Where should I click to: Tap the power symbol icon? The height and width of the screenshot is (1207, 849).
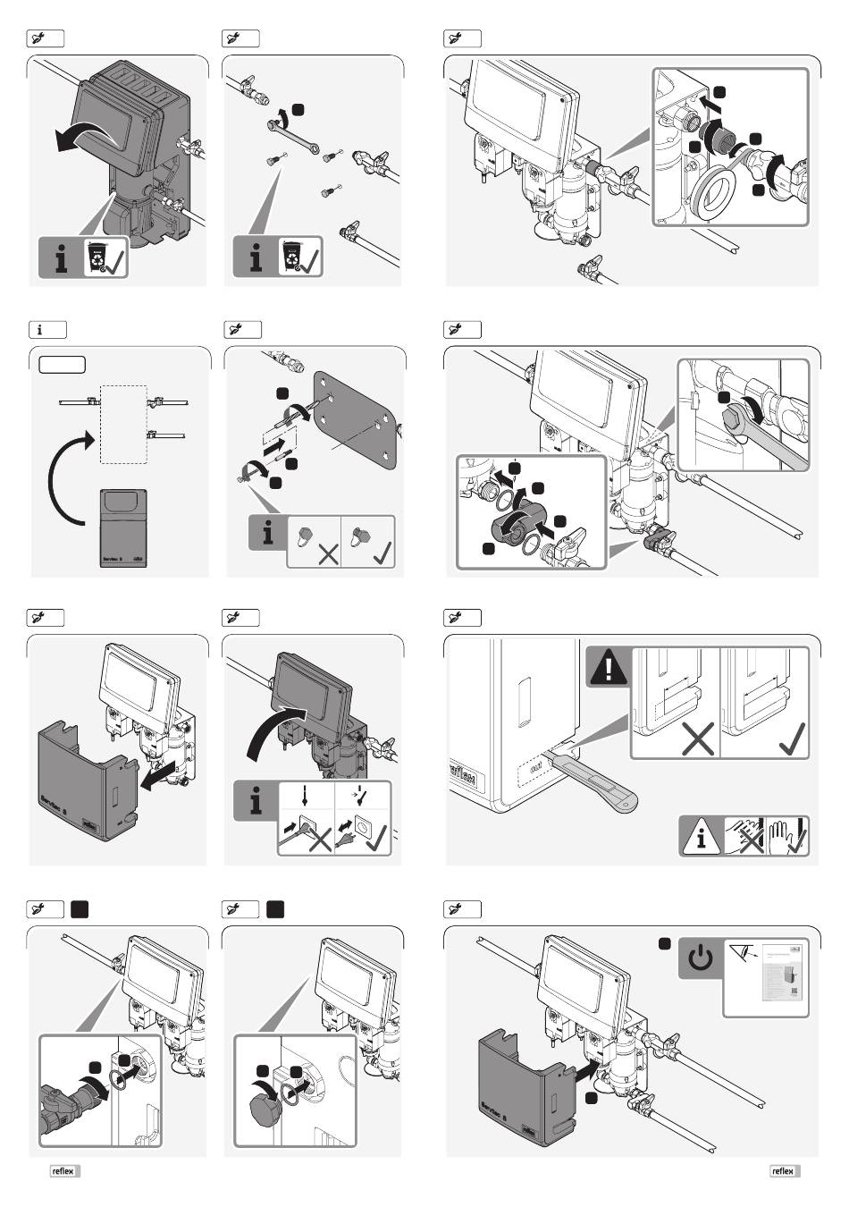701,959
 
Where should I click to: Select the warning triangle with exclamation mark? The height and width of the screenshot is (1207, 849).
609,669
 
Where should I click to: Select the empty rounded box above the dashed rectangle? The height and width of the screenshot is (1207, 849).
62,364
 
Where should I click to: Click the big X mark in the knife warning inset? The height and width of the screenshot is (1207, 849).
696,739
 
